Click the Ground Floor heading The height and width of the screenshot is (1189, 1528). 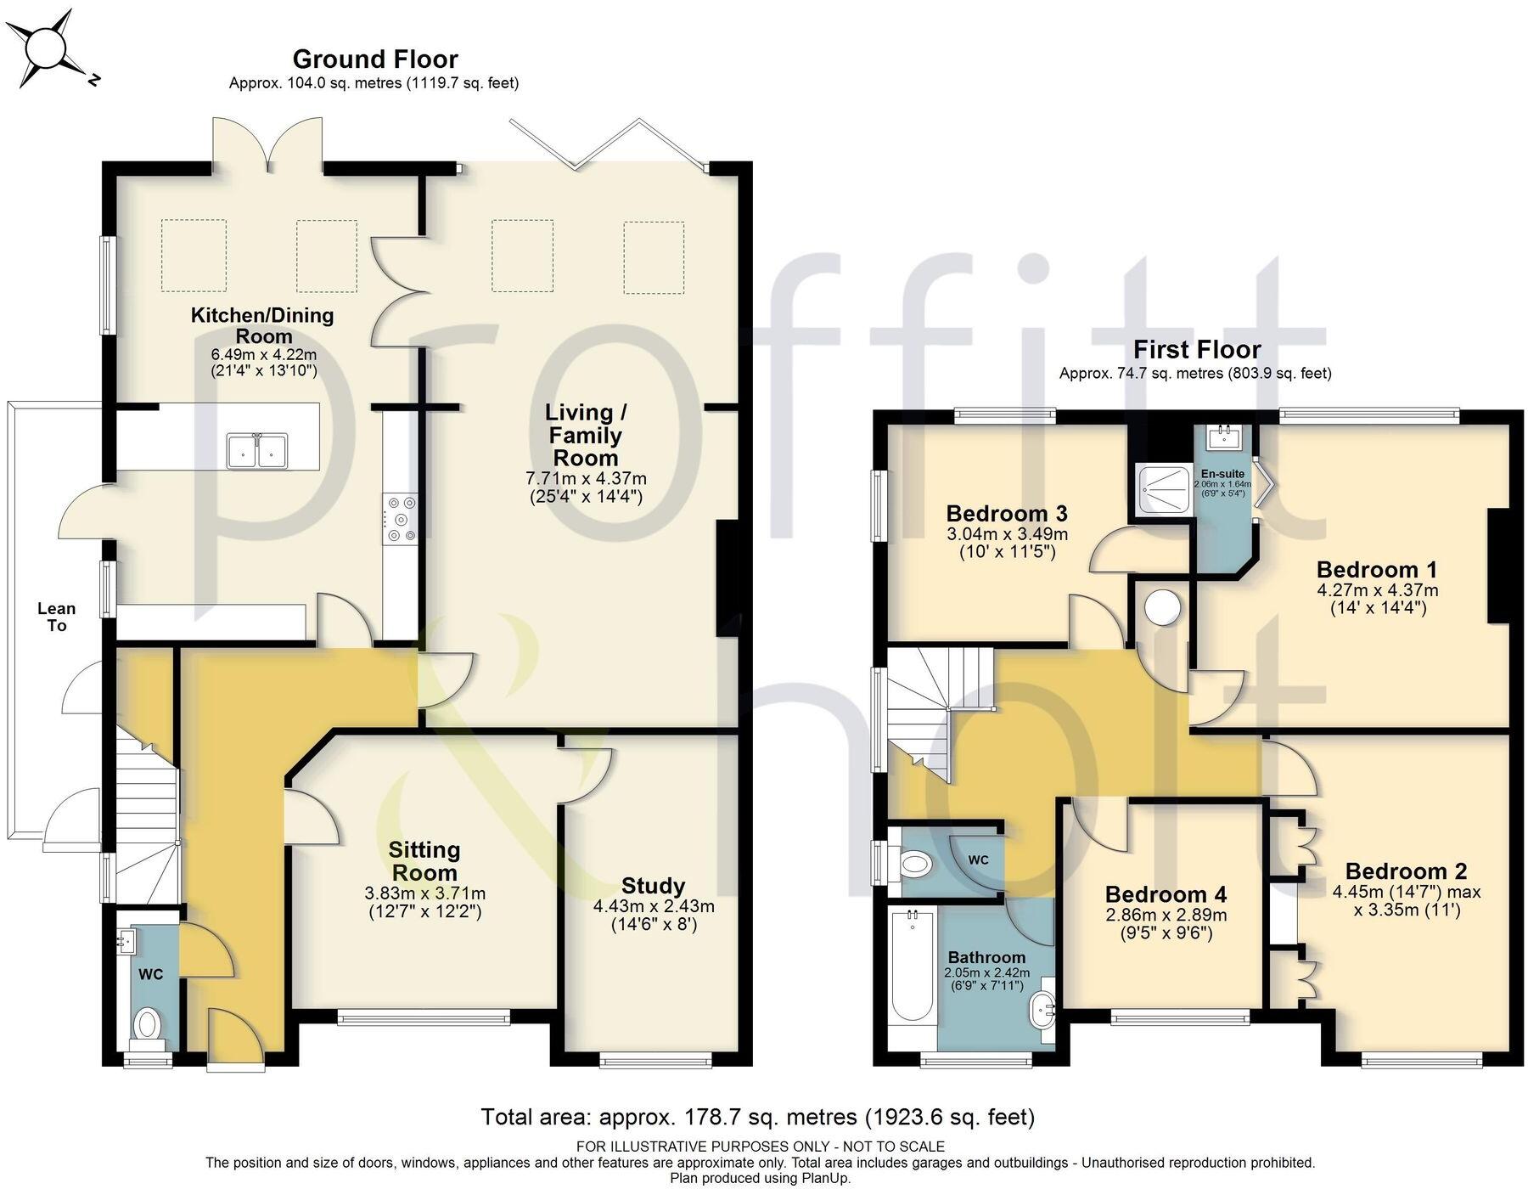click(x=375, y=59)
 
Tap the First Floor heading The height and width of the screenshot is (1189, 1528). click(x=1196, y=349)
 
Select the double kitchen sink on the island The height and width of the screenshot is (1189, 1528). click(x=257, y=450)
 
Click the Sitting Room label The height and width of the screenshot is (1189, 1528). click(x=424, y=860)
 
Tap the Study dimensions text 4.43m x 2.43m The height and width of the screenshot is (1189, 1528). click(x=653, y=906)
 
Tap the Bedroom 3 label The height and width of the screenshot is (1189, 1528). click(x=1006, y=513)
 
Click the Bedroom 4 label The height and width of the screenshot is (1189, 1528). click(x=1166, y=894)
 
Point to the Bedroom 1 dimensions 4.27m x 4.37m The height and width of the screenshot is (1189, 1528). click(x=1377, y=589)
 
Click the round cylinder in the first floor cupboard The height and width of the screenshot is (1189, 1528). click(x=1161, y=607)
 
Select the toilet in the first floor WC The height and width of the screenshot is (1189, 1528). click(x=913, y=865)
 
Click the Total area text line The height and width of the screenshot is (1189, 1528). click(x=757, y=1116)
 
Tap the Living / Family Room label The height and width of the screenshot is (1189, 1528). click(x=585, y=435)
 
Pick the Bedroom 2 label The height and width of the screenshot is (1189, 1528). click(x=1405, y=871)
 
